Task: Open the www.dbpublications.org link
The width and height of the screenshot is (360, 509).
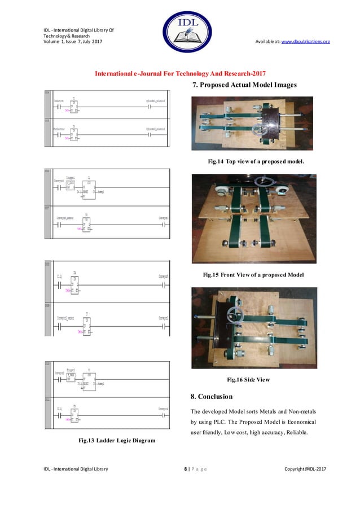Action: pyautogui.click(x=305, y=42)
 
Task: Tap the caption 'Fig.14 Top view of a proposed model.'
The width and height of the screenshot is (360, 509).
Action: pyautogui.click(x=256, y=161)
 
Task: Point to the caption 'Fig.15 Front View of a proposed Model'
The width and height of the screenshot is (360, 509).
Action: pyautogui.click(x=253, y=275)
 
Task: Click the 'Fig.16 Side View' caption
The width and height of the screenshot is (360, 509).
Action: pyautogui.click(x=248, y=379)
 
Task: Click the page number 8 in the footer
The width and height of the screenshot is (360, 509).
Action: pyautogui.click(x=186, y=469)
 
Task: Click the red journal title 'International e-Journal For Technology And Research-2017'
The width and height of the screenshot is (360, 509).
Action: pyautogui.click(x=181, y=74)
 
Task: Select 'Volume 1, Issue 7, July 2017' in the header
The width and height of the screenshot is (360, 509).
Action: pyautogui.click(x=73, y=42)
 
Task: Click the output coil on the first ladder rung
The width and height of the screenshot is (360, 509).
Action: pyautogui.click(x=150, y=107)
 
